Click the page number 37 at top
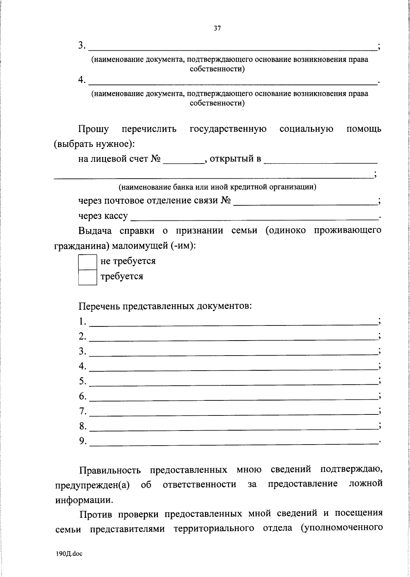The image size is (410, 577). tap(217, 29)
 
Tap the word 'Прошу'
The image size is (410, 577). tap(94, 130)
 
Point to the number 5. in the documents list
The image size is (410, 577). tap(83, 381)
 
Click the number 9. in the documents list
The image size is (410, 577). tap(83, 441)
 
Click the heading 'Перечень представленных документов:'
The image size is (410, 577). tap(165, 306)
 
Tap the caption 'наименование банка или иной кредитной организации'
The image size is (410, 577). tap(217, 187)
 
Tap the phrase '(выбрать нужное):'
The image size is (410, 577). tap(95, 144)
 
